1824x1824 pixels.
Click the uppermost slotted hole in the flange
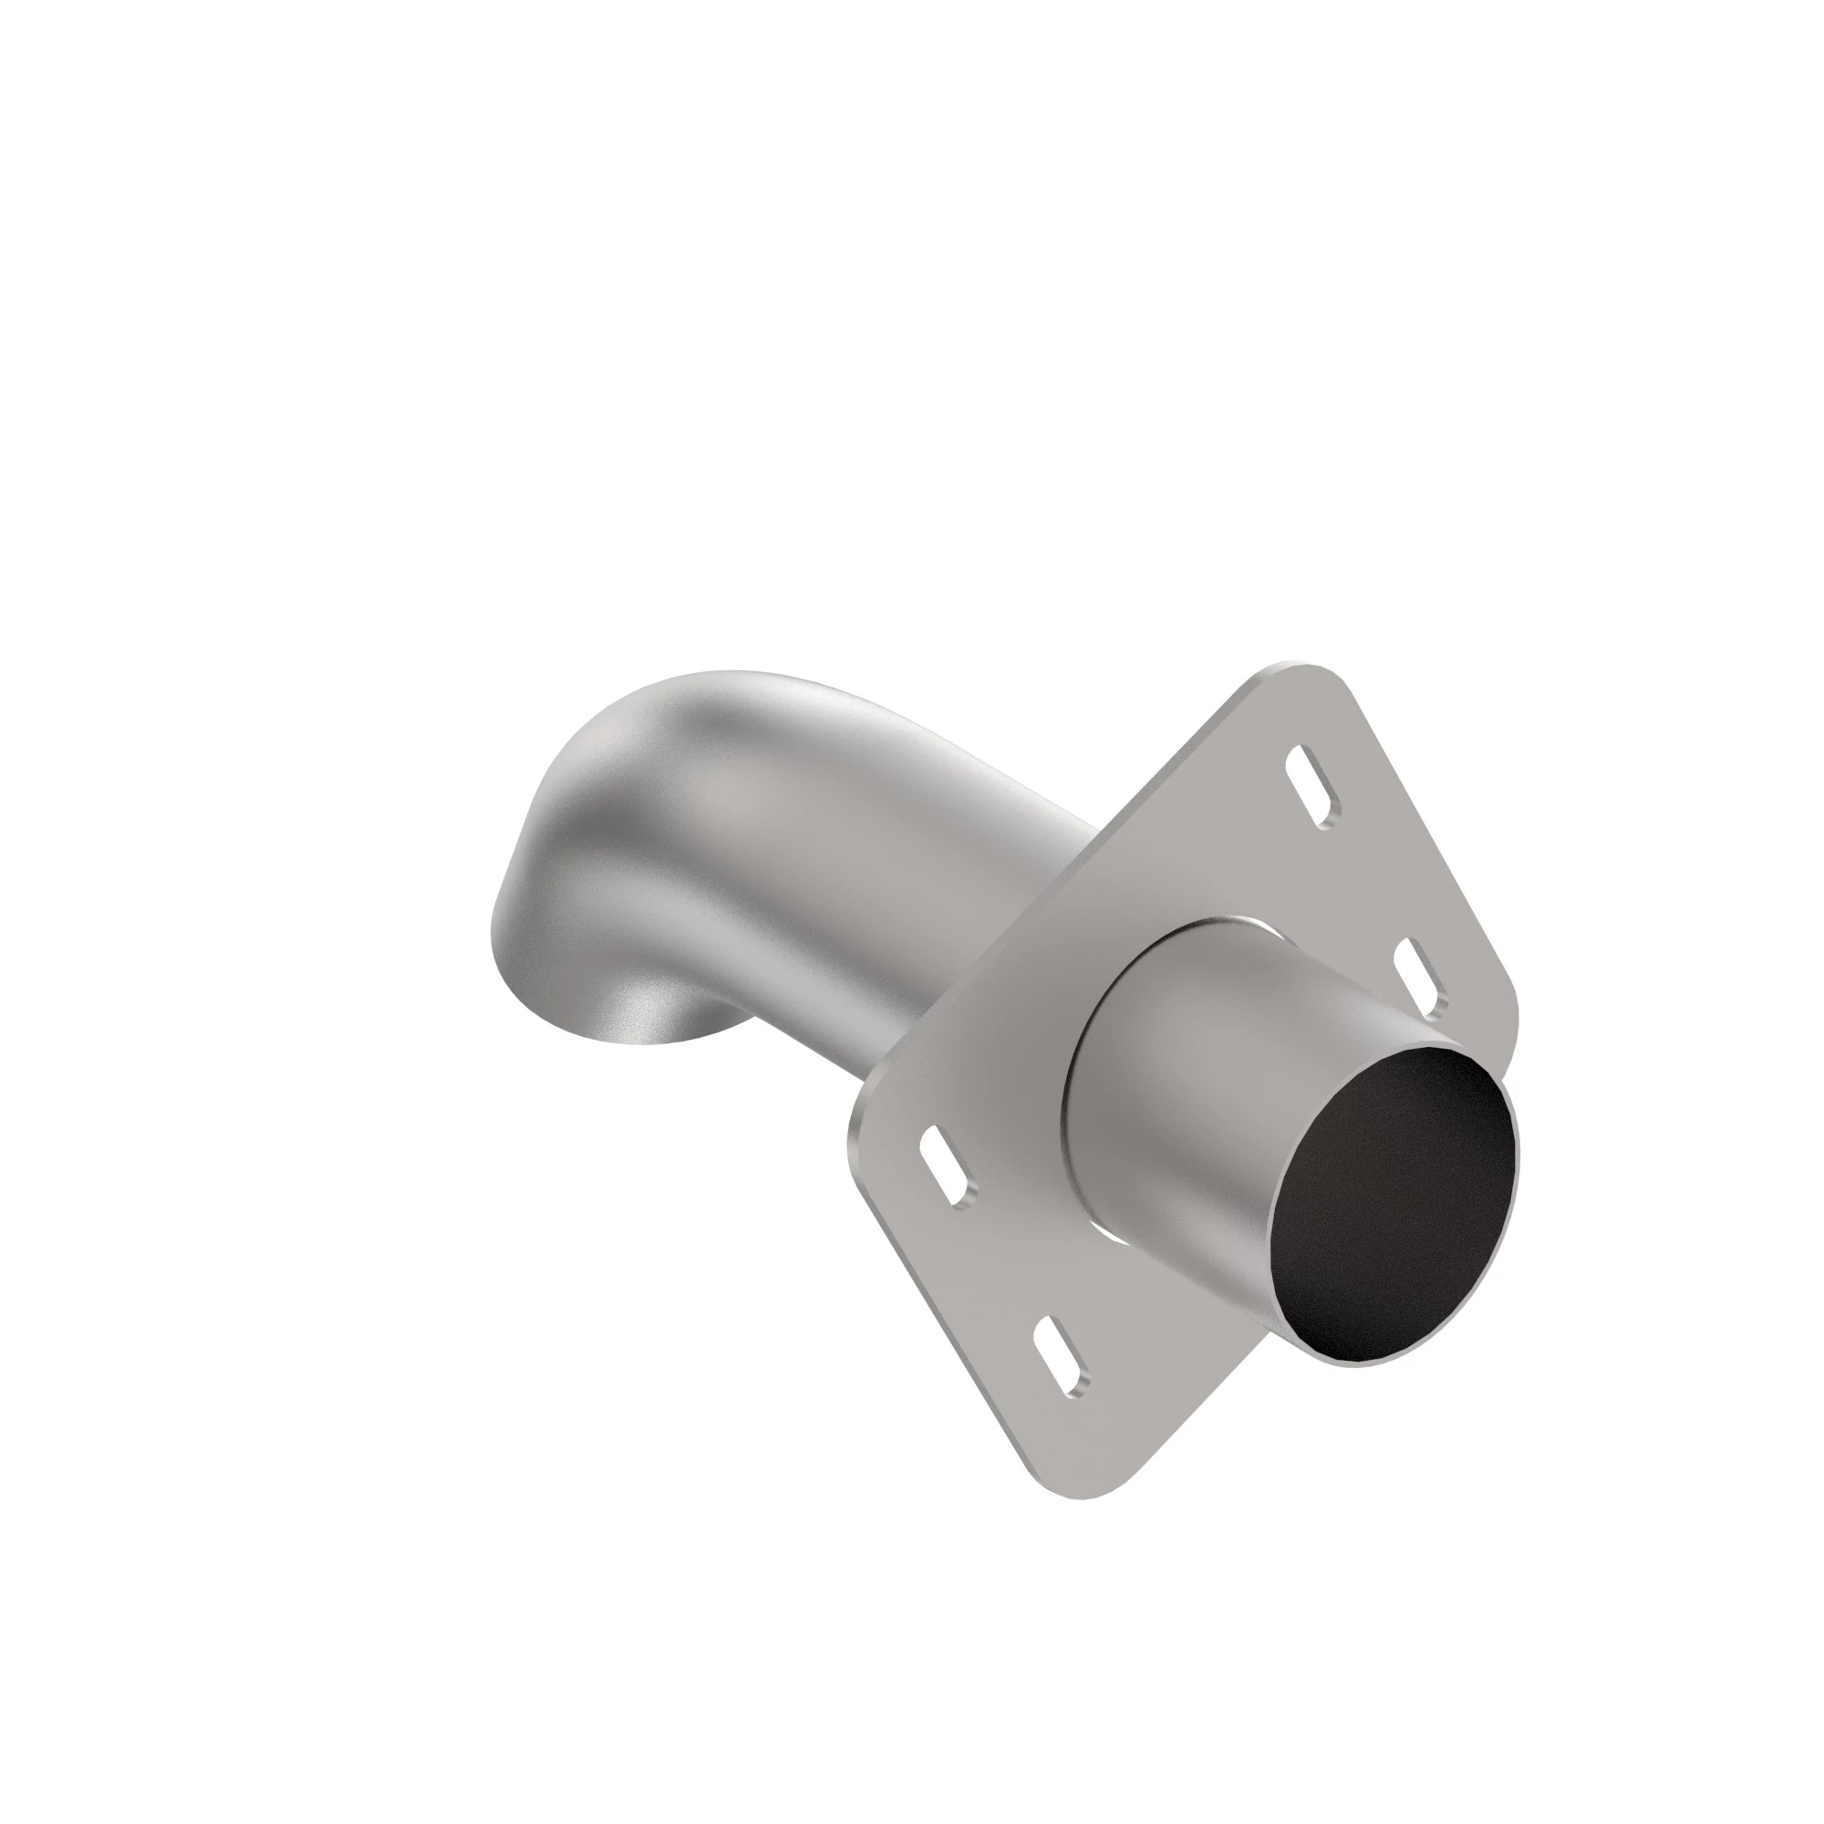(1313, 787)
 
